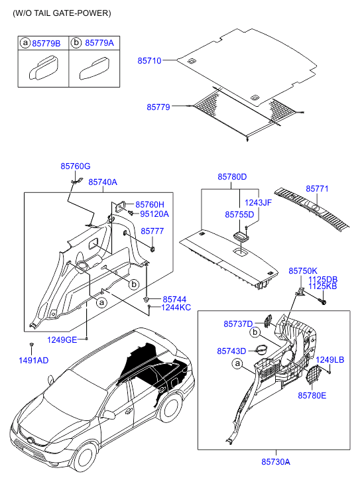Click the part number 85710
149,61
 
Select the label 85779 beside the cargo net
158,107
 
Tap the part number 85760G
76,166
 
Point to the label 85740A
103,182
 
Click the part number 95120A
154,214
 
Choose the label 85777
152,231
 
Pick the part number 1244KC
176,308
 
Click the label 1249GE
62,340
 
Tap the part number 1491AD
34,360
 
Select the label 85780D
232,177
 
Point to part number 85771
317,188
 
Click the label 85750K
303,271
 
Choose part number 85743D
231,351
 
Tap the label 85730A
276,461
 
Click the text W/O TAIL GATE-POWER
62,13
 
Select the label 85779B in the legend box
46,43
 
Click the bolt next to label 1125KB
322,302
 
